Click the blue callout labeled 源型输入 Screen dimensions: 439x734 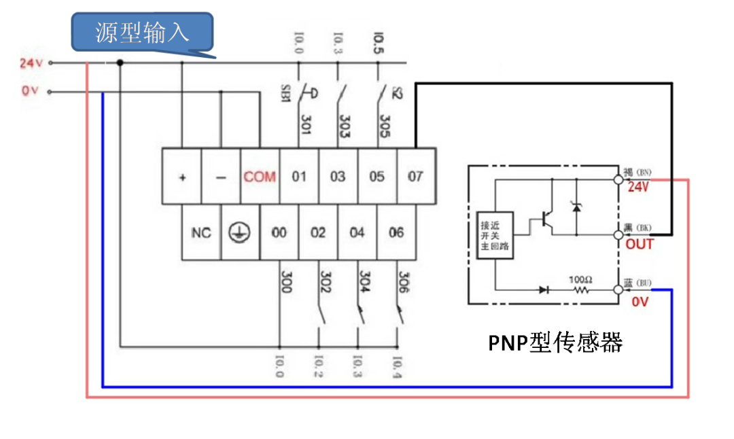pos(143,32)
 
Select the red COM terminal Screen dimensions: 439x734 pos(260,177)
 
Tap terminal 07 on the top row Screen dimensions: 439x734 pos(415,177)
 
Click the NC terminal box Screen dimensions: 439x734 pos(201,232)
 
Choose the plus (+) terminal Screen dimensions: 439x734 pos(182,177)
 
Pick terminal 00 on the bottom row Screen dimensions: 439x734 pos(279,232)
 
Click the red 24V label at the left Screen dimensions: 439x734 pos(31,63)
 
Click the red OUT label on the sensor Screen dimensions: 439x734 pos(639,244)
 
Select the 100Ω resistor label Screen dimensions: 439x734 pos(579,279)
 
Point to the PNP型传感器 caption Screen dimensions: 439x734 pos(555,343)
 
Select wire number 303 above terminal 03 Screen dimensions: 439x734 pos(343,126)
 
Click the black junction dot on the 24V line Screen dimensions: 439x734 pos(120,63)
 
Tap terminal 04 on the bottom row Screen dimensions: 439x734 pos(357,232)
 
